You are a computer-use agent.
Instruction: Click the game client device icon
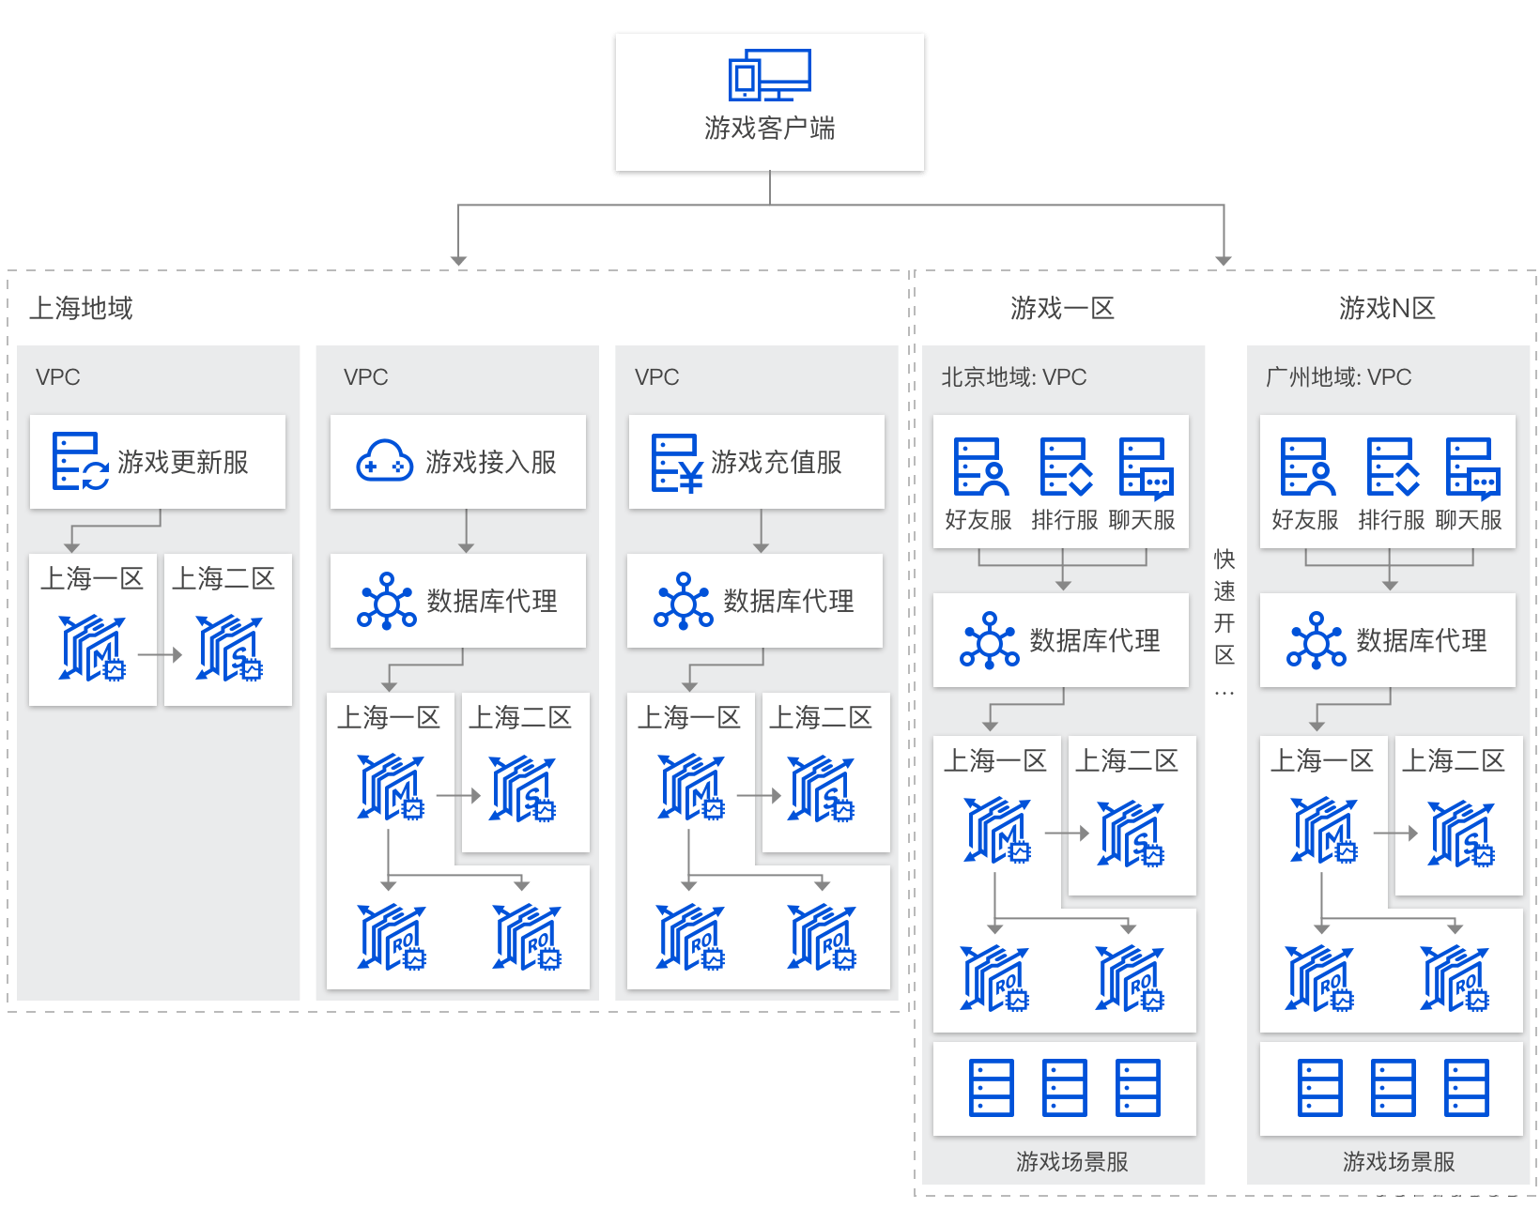pos(769,75)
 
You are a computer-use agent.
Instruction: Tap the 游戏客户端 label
pos(769,128)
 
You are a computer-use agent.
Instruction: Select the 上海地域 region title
pos(81,308)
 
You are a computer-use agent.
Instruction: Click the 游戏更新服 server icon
pos(80,462)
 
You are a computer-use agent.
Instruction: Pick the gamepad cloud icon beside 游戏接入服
pos(384,462)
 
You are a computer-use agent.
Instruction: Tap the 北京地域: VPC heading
pos(1013,377)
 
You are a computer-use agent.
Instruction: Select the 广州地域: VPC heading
pos(1338,377)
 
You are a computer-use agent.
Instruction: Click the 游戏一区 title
pos(1062,308)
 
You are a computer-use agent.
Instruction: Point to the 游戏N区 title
pos(1387,308)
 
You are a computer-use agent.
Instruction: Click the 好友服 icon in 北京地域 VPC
pos(980,467)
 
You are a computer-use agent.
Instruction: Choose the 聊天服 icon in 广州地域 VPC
pos(1471,467)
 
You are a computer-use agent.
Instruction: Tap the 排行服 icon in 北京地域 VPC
pos(1066,467)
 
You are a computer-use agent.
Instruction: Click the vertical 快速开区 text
pos(1224,606)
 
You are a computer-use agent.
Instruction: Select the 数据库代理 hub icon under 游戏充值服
pos(683,601)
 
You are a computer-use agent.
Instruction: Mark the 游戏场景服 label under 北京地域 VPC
pos(1071,1161)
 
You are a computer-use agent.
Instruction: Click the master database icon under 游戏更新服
pos(92,648)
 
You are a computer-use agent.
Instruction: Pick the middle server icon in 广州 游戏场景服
pos(1393,1088)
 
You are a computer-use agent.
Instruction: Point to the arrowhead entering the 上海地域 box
pos(458,260)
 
